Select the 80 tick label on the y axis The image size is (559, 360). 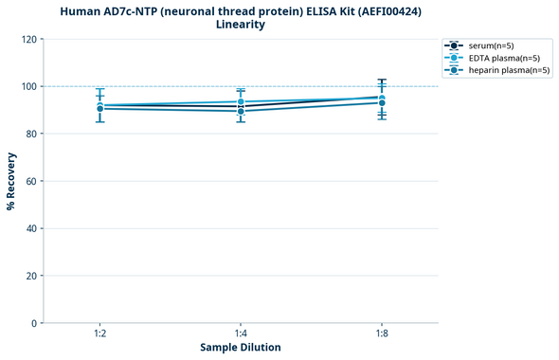[30, 134]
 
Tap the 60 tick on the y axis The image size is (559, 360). [30, 181]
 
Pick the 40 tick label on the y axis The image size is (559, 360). [30, 228]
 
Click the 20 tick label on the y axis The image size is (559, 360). [30, 276]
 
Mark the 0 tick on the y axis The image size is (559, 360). [33, 323]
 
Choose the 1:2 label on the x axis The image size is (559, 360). [99, 333]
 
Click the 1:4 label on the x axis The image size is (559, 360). [241, 333]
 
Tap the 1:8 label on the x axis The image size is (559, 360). [381, 333]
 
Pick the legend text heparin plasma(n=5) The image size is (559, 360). [509, 70]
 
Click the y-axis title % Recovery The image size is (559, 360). [11, 181]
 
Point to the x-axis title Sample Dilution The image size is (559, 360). [241, 348]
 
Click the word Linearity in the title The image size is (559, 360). [241, 25]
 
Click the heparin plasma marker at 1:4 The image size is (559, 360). [241, 111]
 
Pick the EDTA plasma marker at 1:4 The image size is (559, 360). [241, 101]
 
